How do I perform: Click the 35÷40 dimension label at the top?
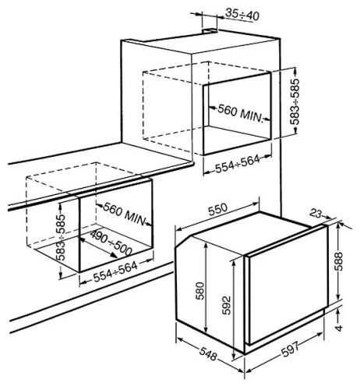point(242,15)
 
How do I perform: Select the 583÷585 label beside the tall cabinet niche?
point(295,101)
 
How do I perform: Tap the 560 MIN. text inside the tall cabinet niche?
point(240,114)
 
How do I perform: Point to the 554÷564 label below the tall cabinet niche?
point(238,163)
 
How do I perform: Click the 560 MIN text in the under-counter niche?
point(124,214)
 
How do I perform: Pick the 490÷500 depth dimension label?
point(111,243)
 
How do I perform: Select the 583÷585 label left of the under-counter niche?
point(62,237)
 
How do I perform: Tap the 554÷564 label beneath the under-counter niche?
point(115,272)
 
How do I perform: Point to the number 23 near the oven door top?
point(316,214)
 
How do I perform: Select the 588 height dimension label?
point(339,261)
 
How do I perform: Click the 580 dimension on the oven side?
point(201,291)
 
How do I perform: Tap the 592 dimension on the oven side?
point(227,305)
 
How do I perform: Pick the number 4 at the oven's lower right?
point(339,328)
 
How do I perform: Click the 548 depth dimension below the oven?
point(208,354)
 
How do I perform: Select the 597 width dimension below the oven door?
point(291,349)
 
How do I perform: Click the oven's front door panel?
point(287,285)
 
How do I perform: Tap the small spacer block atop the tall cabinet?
point(210,31)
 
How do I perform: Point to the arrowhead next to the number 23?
point(328,218)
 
